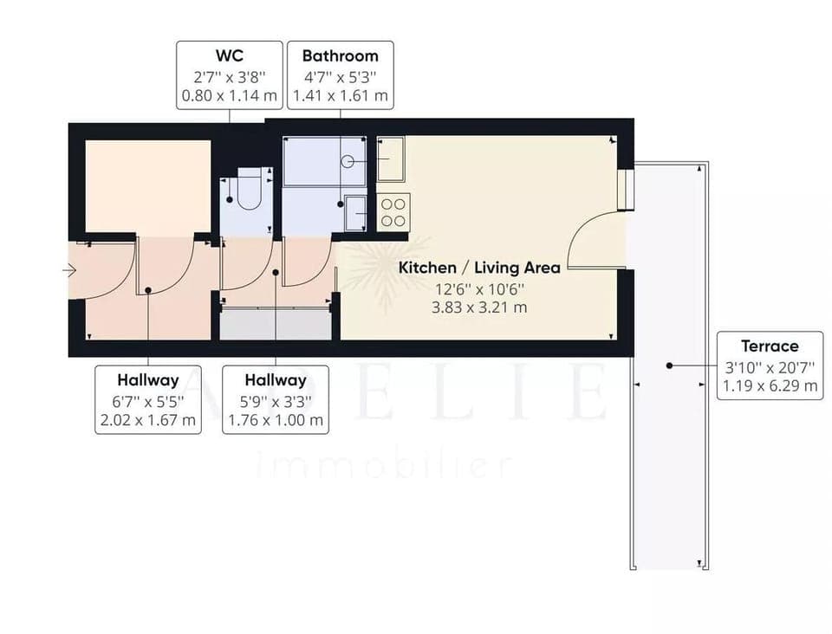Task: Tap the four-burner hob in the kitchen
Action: [x=393, y=212]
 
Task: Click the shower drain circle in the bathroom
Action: [x=347, y=160]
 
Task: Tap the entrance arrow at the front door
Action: [x=69, y=270]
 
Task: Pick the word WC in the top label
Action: [x=229, y=55]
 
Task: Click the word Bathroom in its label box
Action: [x=340, y=55]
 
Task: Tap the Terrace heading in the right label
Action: [x=770, y=346]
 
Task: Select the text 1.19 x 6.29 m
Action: [x=770, y=385]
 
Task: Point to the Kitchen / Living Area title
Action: [x=478, y=268]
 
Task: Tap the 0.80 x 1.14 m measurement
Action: [x=229, y=95]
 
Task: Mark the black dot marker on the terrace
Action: [x=669, y=366]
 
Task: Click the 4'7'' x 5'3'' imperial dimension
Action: [x=340, y=76]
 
